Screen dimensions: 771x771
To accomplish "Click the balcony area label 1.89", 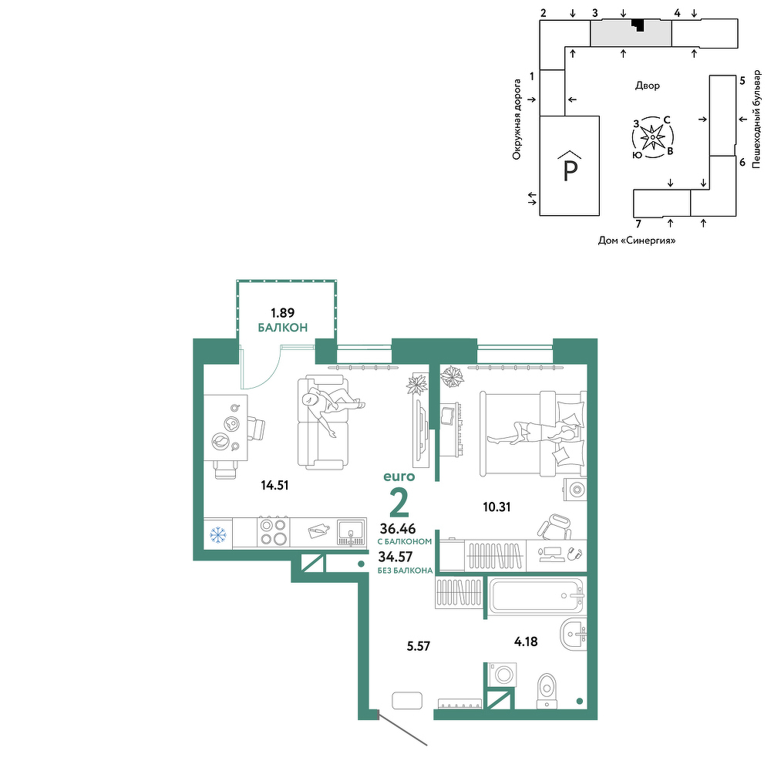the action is [x=282, y=313].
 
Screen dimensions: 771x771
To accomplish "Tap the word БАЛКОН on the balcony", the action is [x=283, y=328].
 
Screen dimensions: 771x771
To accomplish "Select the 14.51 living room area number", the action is [x=274, y=485].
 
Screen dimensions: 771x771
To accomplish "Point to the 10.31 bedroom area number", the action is [x=497, y=507].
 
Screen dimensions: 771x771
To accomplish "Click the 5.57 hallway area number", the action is [x=419, y=646].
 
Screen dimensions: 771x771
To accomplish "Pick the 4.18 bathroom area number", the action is [x=526, y=641].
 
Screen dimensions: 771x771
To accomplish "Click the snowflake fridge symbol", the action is [x=218, y=534].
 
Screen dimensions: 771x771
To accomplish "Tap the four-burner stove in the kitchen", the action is [x=274, y=532].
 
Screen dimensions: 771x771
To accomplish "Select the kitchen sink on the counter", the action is [x=351, y=533].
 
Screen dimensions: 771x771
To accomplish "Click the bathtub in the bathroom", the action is [x=536, y=596].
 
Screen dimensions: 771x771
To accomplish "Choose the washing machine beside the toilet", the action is [x=503, y=674].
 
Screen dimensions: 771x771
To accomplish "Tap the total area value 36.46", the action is [x=398, y=529].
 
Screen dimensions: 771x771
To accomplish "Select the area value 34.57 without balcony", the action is [x=396, y=557].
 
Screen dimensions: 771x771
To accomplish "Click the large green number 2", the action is [x=399, y=503].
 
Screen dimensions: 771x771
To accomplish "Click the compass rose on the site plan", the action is [x=652, y=137].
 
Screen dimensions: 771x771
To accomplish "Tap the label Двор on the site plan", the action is [x=648, y=86].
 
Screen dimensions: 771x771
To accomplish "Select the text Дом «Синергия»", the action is [x=637, y=241].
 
